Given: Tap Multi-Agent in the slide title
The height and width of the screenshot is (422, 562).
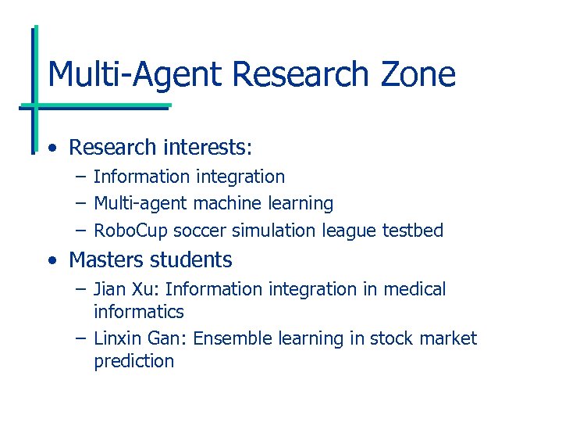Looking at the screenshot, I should coord(136,74).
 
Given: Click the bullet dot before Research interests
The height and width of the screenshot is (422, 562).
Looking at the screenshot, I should coord(51,148).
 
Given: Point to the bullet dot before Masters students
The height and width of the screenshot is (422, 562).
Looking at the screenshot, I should coord(51,260).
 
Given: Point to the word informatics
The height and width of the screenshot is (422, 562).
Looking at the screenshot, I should coord(139,312).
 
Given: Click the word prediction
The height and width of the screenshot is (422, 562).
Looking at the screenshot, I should coord(133,361).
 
